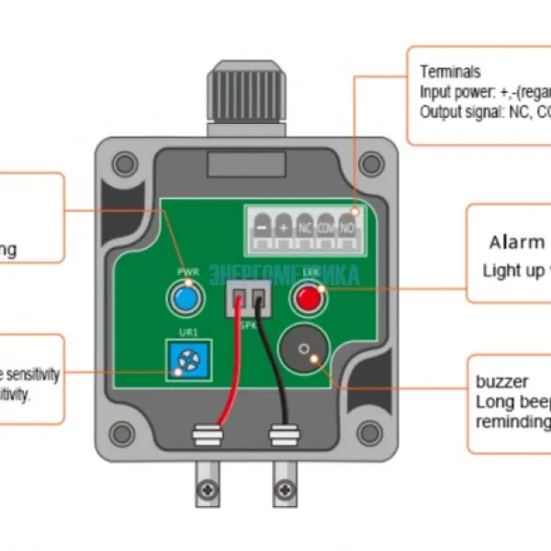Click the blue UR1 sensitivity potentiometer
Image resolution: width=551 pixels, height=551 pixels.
point(186,360)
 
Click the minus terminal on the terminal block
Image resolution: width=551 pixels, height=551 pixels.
point(263,226)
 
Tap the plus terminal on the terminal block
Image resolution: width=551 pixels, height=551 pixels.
point(284,226)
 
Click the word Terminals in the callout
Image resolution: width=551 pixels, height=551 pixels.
point(450,72)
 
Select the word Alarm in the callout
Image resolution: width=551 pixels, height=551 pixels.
point(516,242)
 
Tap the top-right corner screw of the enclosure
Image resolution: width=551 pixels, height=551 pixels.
point(371,163)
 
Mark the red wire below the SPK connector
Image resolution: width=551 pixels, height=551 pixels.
point(236,367)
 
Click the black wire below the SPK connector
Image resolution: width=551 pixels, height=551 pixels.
point(275,367)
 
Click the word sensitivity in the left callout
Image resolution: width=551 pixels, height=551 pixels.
point(35,376)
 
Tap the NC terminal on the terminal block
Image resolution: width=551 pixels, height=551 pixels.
point(305,226)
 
